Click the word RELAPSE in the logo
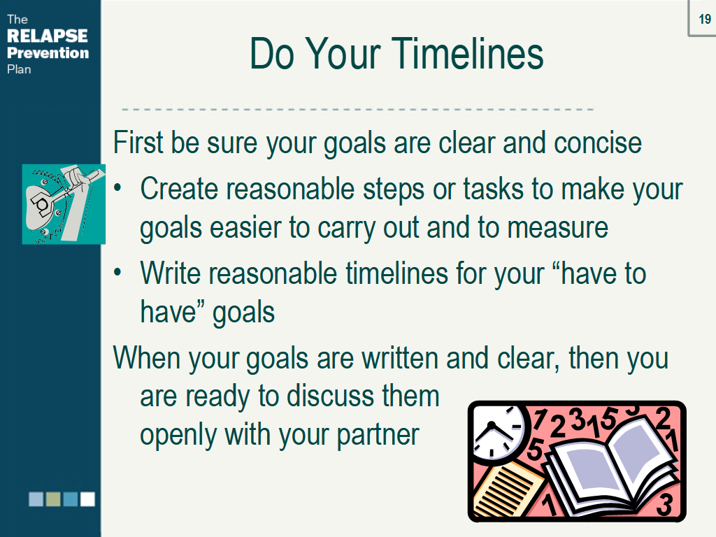point(47,36)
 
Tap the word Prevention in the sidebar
point(48,53)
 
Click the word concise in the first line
point(598,143)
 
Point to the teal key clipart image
point(64,203)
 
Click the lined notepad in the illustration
point(507,489)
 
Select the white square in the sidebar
point(87,499)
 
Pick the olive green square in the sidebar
point(53,499)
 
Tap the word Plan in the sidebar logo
point(19,69)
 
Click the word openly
point(179,435)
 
